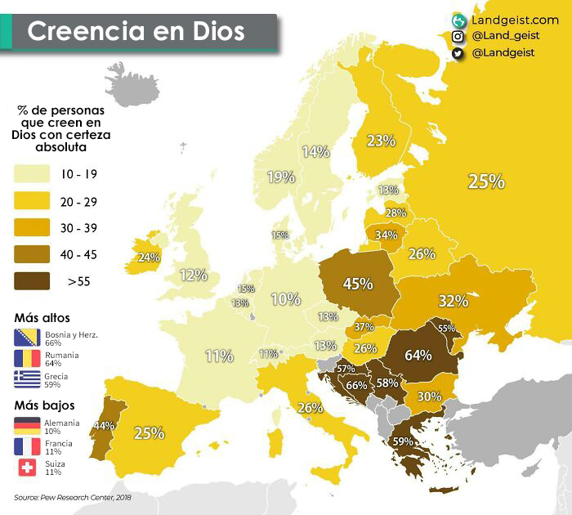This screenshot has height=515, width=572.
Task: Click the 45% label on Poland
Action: point(358,284)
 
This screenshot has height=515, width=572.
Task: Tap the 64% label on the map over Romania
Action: point(418,355)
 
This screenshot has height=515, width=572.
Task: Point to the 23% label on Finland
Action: point(381,141)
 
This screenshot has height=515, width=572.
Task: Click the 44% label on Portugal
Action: point(102,425)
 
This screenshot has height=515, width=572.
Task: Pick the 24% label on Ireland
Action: point(149,257)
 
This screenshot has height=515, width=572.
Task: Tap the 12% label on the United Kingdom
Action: point(194,275)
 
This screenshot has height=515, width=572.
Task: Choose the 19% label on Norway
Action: point(280,177)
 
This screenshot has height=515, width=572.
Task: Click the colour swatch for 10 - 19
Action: point(30,174)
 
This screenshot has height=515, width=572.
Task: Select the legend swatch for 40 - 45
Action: point(30,254)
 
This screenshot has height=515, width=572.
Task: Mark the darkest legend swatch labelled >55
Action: point(30,281)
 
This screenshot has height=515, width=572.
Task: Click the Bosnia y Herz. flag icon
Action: point(27,338)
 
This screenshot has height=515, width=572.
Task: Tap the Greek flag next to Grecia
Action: point(27,378)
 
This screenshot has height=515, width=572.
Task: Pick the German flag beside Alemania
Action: point(27,425)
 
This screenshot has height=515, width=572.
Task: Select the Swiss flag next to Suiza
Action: point(27,467)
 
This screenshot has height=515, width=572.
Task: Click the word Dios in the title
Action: point(212,31)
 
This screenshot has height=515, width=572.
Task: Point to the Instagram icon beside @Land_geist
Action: point(458,36)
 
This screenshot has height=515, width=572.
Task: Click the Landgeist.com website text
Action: point(515,19)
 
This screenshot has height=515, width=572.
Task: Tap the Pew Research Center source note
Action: point(72,496)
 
